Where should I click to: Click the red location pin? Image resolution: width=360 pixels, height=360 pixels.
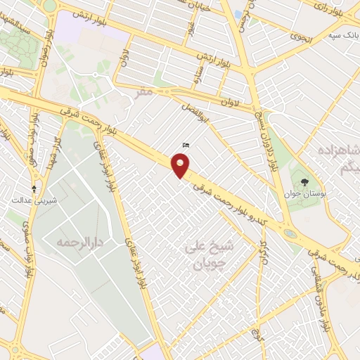click(x=181, y=166)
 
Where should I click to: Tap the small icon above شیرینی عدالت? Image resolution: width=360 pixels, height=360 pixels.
click(x=33, y=188)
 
